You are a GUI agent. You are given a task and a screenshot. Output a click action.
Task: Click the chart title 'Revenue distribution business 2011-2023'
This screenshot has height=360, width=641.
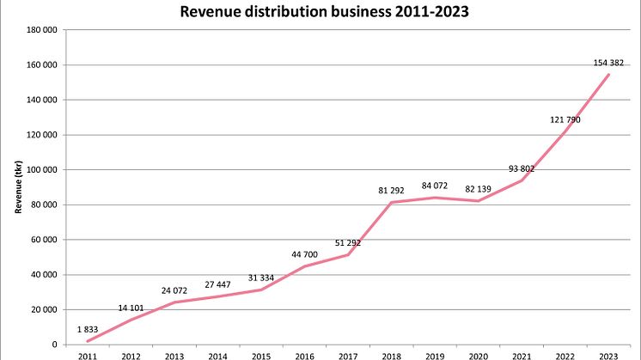320,12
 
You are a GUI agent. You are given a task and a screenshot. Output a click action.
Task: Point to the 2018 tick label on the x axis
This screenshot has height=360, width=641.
391,354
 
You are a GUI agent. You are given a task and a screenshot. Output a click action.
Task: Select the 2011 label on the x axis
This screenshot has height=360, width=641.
87,354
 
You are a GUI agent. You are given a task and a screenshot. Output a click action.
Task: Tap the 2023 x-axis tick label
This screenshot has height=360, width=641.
608,354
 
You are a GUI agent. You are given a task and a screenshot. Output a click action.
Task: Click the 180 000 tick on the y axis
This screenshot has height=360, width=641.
43,30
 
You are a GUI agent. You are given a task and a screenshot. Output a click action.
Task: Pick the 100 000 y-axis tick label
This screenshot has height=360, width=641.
43,170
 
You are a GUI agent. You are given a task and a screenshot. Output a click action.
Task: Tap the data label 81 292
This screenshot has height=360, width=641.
391,190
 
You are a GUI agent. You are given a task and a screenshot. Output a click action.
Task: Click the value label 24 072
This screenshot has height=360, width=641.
174,290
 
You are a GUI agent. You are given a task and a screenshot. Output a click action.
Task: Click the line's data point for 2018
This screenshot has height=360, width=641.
391,203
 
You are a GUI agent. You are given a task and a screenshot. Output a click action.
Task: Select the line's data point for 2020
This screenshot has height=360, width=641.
478,201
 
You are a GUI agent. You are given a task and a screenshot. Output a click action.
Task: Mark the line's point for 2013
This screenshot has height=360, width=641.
174,302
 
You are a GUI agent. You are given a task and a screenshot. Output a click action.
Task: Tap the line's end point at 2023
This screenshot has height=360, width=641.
608,75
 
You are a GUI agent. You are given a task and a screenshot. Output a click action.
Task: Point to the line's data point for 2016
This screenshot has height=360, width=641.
304,266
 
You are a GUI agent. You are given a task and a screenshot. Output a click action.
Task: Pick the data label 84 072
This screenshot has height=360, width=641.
435,185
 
